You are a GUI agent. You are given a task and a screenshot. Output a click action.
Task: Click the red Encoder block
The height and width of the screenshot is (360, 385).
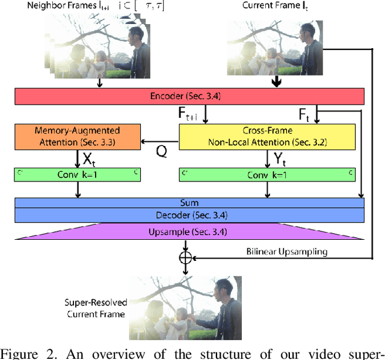click(x=189, y=96)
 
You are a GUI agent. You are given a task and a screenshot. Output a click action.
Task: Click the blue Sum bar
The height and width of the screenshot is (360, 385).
click(x=189, y=203)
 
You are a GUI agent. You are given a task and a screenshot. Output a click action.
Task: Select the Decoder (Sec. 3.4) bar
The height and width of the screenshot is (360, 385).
click(x=189, y=215)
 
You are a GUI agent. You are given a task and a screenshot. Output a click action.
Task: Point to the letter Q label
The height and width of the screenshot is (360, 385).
click(x=161, y=152)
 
